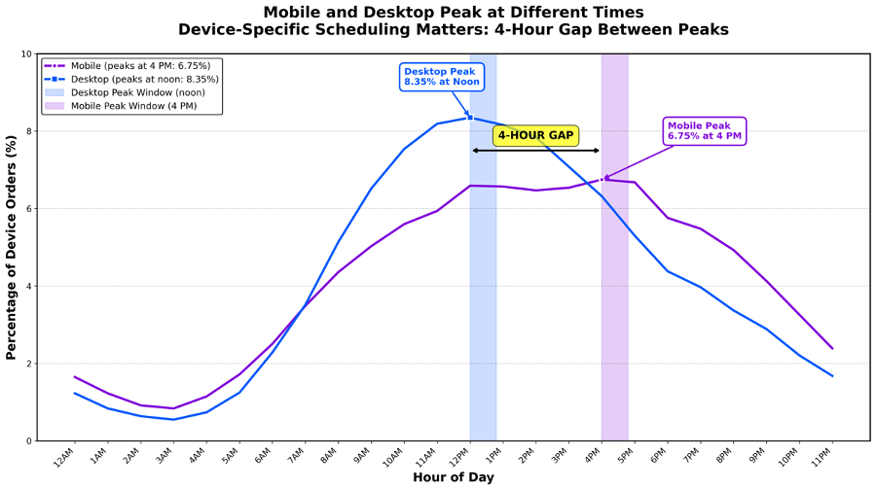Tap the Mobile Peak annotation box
tap(705, 131)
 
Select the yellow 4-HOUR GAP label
tap(535, 135)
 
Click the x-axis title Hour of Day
tap(453, 477)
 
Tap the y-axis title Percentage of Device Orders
tap(12, 248)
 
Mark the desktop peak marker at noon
tap(470, 117)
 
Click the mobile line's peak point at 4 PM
tap(602, 179)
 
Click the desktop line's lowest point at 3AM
tap(173, 419)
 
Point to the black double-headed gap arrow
tap(535, 151)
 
